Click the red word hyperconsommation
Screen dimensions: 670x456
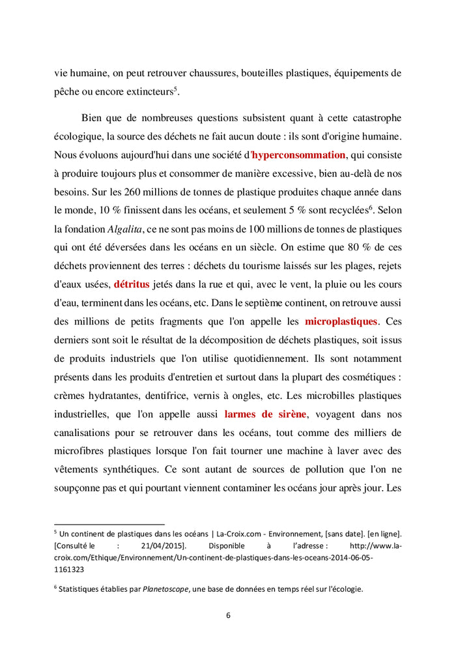pos(298,155)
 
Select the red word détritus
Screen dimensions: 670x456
pos(132,285)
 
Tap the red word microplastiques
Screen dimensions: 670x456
pos(341,322)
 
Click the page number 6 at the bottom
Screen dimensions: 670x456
pos(228,615)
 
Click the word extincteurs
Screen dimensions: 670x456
pos(146,93)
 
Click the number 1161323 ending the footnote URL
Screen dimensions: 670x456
pos(69,569)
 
